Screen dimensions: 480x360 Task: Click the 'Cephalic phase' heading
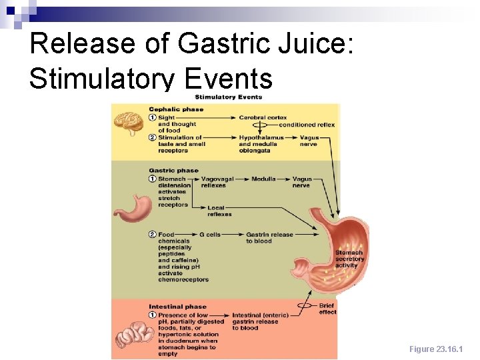[x=176, y=109]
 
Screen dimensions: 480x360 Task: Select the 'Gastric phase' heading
[x=173, y=171]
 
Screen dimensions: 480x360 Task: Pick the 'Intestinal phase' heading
[x=177, y=307]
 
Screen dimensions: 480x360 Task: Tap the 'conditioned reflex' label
[x=307, y=125]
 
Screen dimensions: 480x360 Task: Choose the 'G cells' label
[x=210, y=235]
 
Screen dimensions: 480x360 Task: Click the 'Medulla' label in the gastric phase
[x=263, y=179]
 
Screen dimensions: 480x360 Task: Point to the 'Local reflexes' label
[x=219, y=211]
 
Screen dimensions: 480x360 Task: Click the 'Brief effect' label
[x=327, y=309]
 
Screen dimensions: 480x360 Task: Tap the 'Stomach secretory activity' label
[x=349, y=259]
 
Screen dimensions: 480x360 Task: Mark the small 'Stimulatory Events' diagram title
[x=228, y=97]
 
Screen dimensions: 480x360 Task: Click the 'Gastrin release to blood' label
[x=269, y=238]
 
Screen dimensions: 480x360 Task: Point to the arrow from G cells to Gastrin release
[x=232, y=235]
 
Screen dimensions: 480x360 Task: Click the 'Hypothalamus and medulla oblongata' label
[x=261, y=144]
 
